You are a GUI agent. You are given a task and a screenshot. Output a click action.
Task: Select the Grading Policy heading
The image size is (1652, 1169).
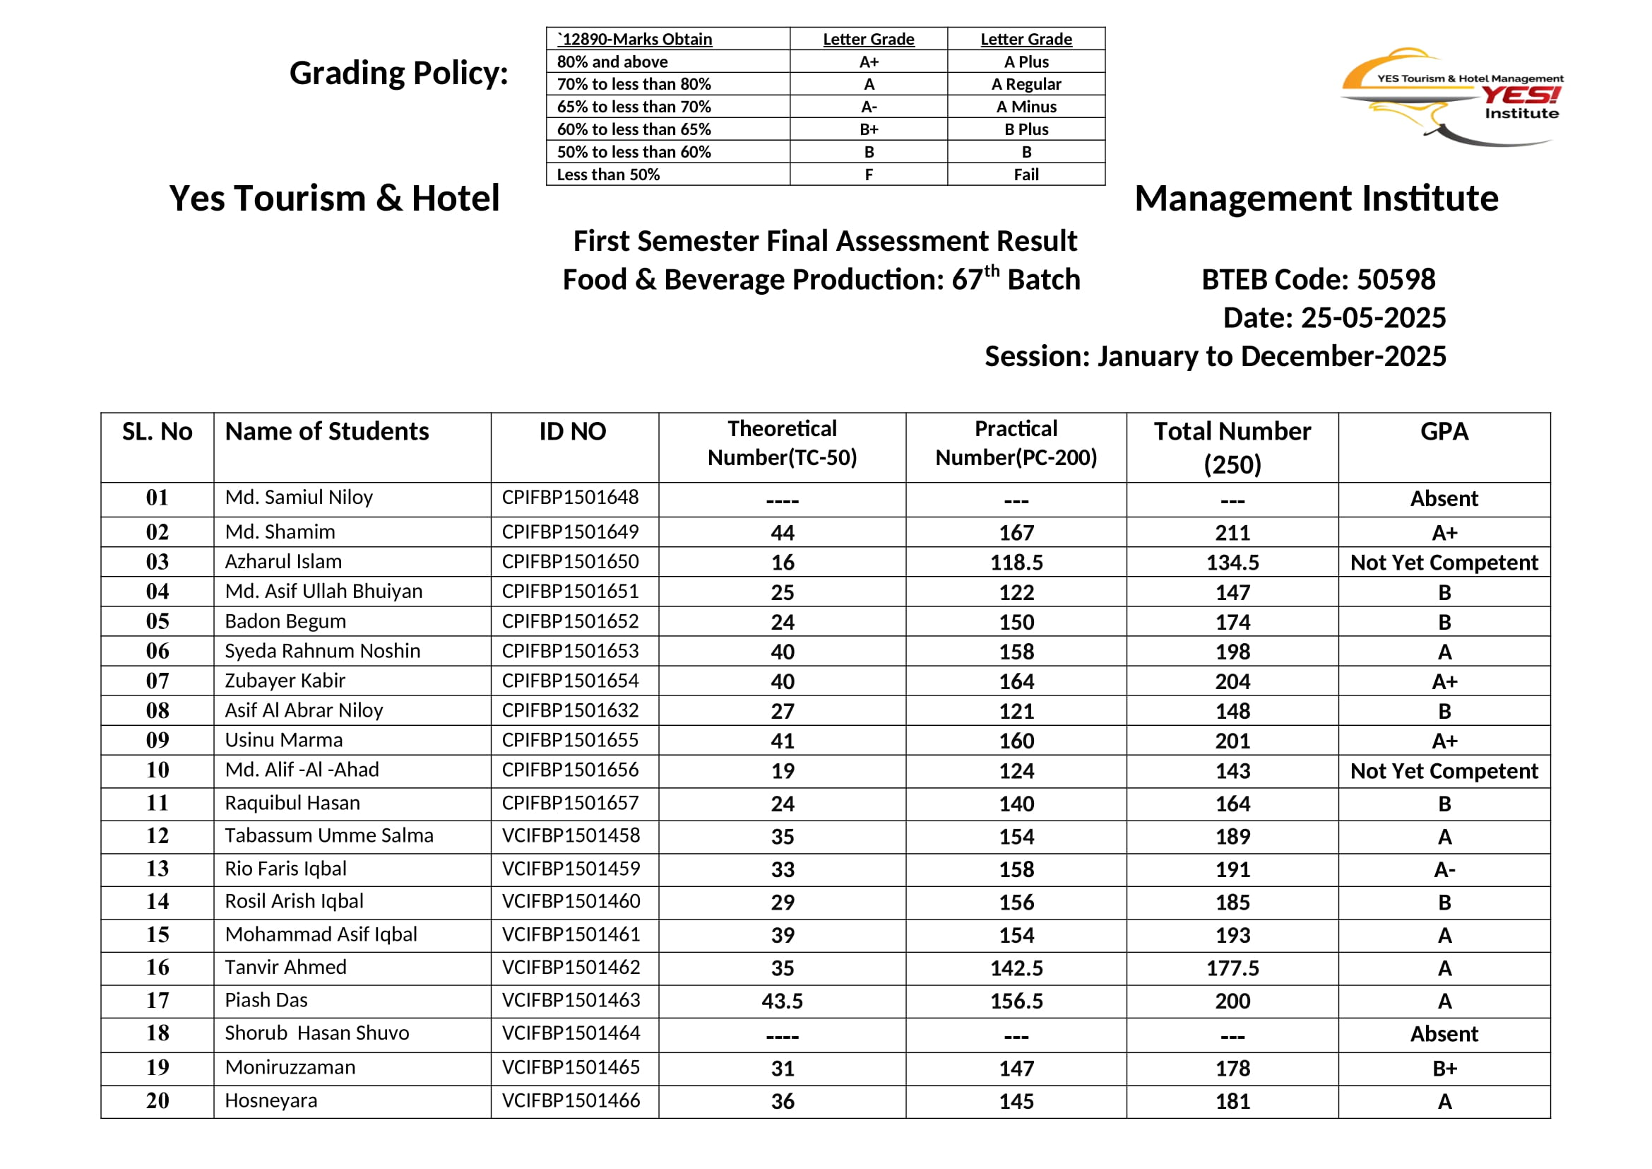(398, 74)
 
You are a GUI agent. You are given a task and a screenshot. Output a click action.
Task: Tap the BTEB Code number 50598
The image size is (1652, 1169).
(1396, 279)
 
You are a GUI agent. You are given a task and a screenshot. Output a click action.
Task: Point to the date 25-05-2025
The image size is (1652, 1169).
(1374, 317)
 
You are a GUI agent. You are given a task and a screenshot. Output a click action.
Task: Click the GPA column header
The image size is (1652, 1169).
(1444, 431)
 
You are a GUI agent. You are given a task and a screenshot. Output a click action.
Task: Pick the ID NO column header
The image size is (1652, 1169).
(573, 431)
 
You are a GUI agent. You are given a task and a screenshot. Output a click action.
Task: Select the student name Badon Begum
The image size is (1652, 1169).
(285, 621)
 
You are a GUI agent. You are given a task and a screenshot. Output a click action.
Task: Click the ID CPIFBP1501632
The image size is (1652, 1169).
(571, 710)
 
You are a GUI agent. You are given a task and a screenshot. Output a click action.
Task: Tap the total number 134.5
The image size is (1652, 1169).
(1232, 562)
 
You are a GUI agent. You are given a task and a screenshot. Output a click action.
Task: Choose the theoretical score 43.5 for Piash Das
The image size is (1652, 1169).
(782, 1001)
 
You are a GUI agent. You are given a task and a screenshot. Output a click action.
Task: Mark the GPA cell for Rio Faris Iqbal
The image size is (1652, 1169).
(1444, 869)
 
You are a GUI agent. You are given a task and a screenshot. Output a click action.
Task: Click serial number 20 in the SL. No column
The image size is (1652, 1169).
(158, 1100)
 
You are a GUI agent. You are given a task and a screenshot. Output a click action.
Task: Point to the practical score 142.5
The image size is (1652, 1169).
(1016, 968)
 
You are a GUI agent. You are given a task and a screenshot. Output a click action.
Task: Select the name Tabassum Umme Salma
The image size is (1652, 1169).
(329, 835)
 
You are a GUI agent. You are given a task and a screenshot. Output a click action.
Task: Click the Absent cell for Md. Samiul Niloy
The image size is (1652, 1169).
(1444, 499)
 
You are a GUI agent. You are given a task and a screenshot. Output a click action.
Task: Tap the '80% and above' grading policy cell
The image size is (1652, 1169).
(612, 62)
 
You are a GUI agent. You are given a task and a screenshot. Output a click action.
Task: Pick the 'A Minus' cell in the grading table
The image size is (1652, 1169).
(1026, 107)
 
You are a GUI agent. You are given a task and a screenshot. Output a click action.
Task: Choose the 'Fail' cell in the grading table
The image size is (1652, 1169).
(1026, 174)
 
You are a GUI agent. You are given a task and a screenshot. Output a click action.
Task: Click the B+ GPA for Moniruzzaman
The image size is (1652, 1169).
(1444, 1068)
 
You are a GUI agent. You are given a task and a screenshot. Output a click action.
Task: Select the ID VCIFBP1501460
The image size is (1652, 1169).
(571, 901)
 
